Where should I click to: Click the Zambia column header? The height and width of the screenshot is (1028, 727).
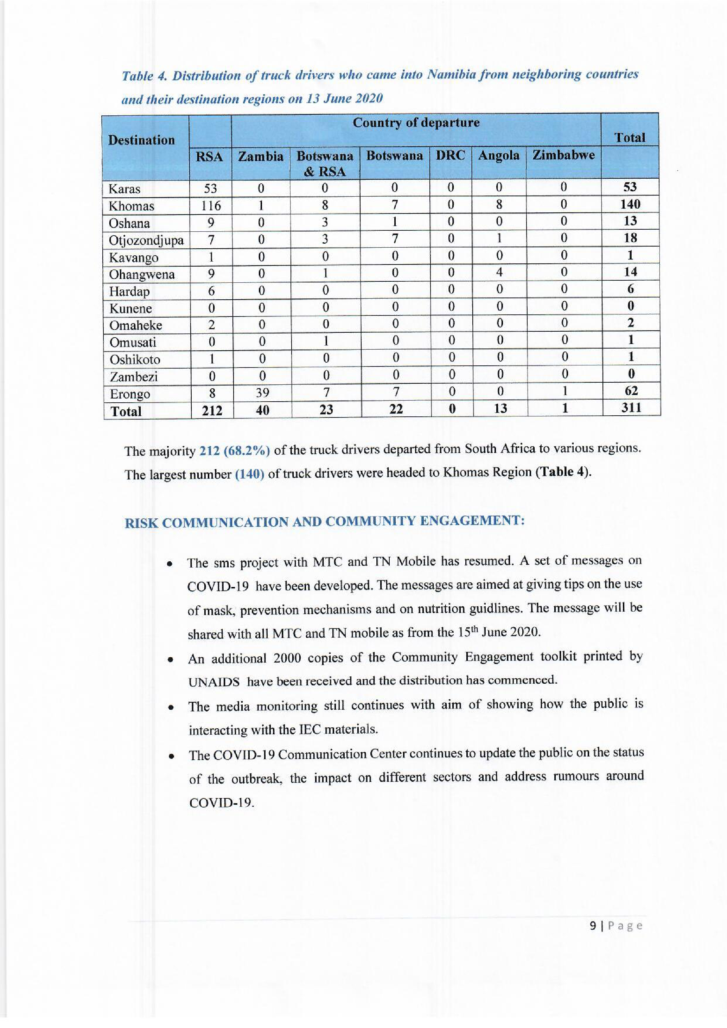pyautogui.click(x=261, y=157)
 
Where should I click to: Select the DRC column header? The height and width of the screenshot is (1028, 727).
pyautogui.click(x=450, y=155)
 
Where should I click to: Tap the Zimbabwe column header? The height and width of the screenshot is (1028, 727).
pyautogui.click(x=563, y=155)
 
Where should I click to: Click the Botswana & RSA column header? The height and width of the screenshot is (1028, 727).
pyautogui.click(x=325, y=164)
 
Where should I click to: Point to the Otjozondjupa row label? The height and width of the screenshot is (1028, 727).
pyautogui.click(x=146, y=241)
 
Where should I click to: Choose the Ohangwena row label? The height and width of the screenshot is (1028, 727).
pyautogui.click(x=142, y=274)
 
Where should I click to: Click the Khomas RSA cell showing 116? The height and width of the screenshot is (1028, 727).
pyautogui.click(x=211, y=206)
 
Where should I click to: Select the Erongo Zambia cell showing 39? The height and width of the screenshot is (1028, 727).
pyautogui.click(x=262, y=392)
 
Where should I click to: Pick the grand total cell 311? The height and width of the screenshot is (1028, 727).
pyautogui.click(x=631, y=408)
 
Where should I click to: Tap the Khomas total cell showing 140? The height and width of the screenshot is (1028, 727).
pyautogui.click(x=630, y=204)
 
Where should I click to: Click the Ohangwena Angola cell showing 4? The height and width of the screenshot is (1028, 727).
pyautogui.click(x=499, y=272)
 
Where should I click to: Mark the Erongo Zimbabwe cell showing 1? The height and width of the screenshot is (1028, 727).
pyautogui.click(x=565, y=391)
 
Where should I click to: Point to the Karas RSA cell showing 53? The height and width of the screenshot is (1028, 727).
pyautogui.click(x=210, y=189)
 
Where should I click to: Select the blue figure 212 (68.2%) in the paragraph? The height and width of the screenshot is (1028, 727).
pyautogui.click(x=235, y=451)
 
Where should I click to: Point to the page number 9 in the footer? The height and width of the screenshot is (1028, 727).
pyautogui.click(x=592, y=926)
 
